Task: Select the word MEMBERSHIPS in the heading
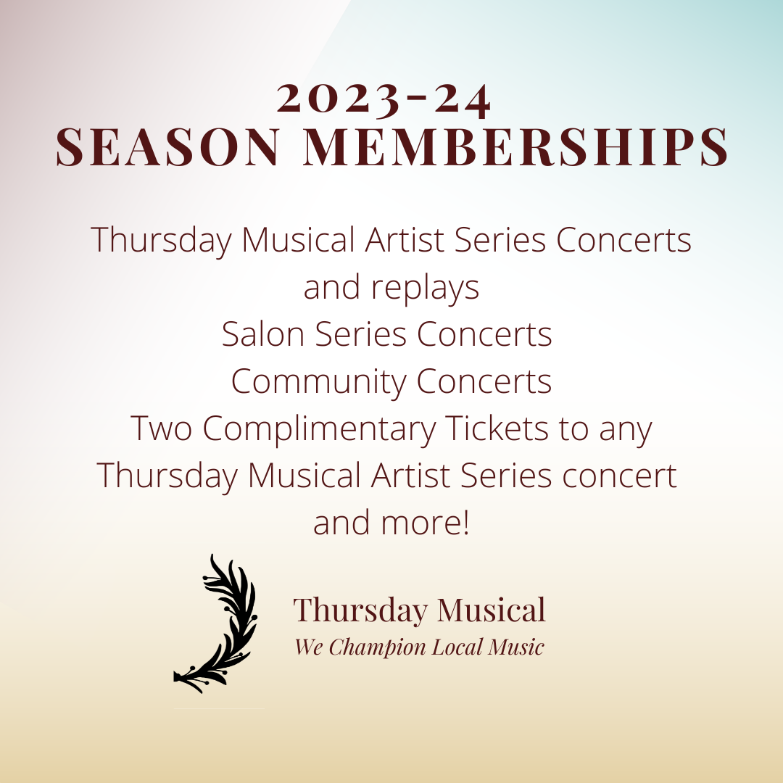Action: coord(515,147)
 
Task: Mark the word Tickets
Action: coord(496,428)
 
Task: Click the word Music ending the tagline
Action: coord(516,647)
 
